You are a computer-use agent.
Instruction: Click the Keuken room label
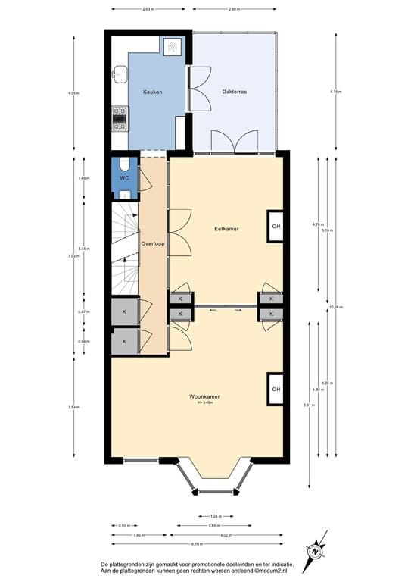(154, 92)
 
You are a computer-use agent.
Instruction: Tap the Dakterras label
(235, 92)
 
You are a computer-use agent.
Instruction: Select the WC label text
(125, 178)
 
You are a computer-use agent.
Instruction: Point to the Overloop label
(154, 244)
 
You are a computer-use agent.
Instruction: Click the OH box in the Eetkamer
(276, 227)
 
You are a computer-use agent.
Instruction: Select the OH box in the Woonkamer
(276, 390)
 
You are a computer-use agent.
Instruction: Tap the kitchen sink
(120, 74)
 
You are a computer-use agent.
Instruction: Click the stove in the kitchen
(120, 117)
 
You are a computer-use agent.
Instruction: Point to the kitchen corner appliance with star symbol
(172, 45)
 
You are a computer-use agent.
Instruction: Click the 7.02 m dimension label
(74, 256)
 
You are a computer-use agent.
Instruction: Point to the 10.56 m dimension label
(337, 307)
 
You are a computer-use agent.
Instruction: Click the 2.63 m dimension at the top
(150, 9)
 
